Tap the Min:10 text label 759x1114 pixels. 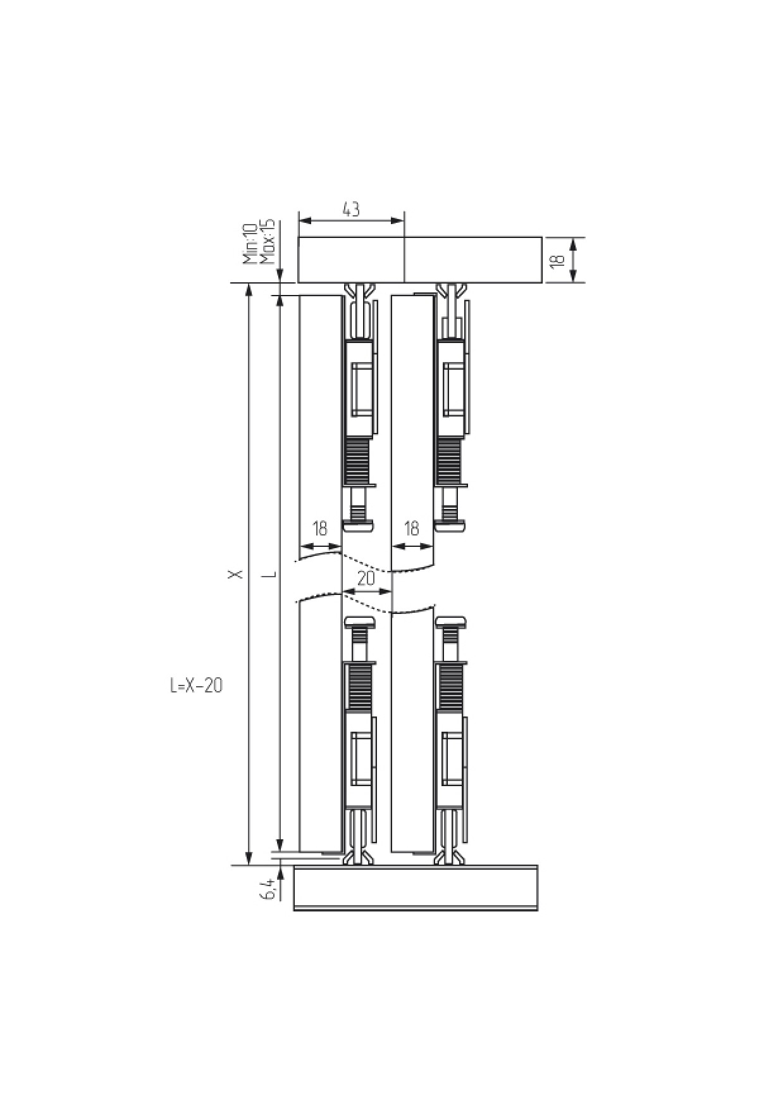(249, 242)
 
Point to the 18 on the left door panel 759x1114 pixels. (320, 528)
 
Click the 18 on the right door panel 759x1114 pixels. (411, 528)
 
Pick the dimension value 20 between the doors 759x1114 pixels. (366, 579)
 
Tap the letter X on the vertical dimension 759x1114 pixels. (236, 573)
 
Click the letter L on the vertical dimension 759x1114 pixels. (271, 574)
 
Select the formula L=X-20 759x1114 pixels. (196, 685)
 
